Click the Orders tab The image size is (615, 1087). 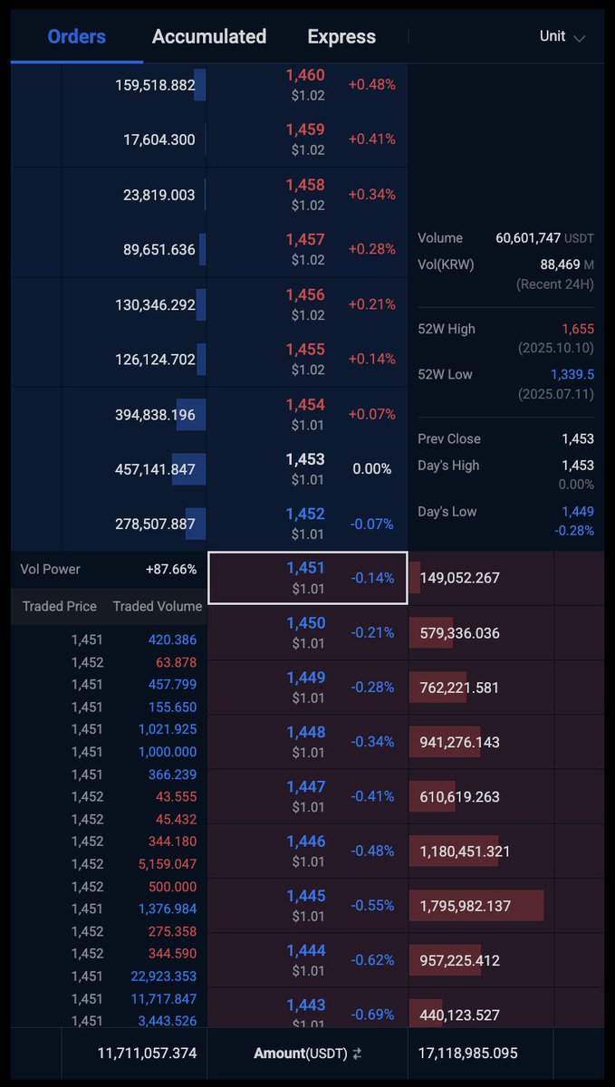click(x=77, y=36)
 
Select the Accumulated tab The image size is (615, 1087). click(x=209, y=36)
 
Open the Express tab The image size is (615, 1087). click(x=341, y=36)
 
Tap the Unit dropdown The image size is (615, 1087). click(x=562, y=36)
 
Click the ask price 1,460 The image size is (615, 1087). click(x=305, y=75)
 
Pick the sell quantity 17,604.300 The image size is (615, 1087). click(x=159, y=139)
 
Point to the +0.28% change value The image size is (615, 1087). click(x=372, y=249)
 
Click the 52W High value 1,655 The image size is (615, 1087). click(x=578, y=329)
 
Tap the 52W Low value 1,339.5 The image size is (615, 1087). click(x=572, y=374)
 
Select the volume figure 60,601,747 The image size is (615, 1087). click(x=528, y=237)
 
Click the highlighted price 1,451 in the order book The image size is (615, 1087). click(x=305, y=568)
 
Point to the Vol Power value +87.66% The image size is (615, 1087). click(x=171, y=569)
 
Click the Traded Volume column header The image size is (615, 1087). click(x=158, y=606)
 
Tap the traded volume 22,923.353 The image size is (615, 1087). click(x=164, y=976)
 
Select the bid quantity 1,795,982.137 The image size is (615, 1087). click(x=465, y=906)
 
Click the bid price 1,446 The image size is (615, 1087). click(x=306, y=842)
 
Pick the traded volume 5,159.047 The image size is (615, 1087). click(x=168, y=864)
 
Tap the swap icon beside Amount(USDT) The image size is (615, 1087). click(x=357, y=1053)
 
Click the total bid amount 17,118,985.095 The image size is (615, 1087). click(x=467, y=1053)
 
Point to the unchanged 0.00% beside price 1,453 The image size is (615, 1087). click(x=372, y=469)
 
